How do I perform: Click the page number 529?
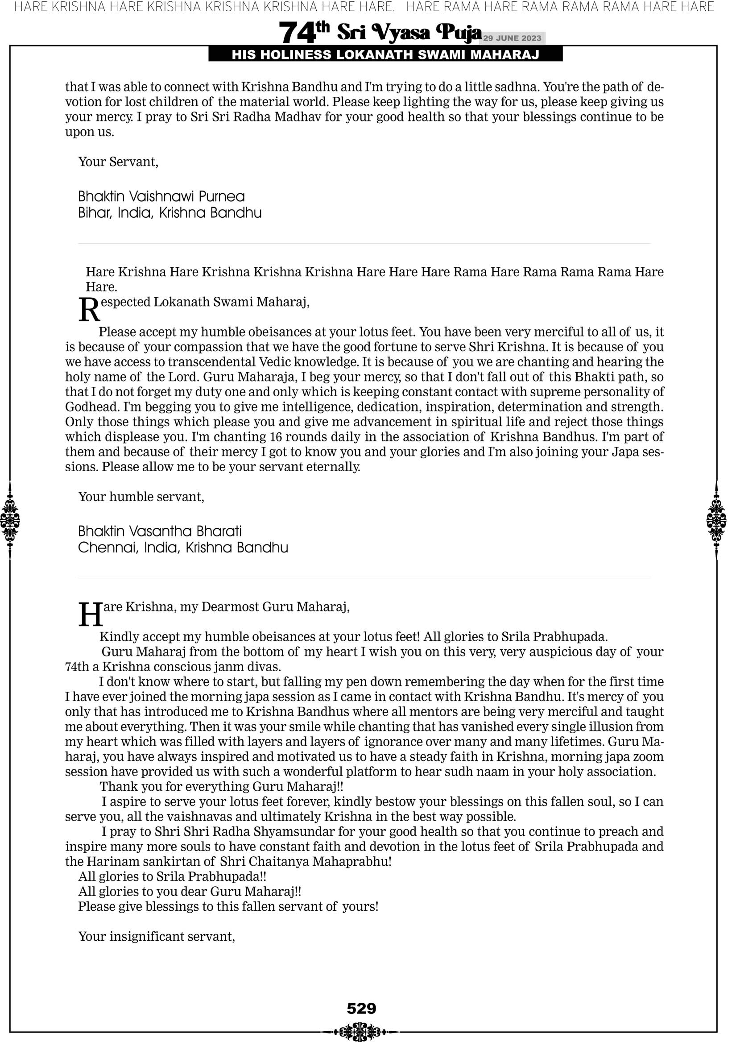point(361,1009)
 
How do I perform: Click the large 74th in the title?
point(303,33)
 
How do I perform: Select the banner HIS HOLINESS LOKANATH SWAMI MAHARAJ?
point(385,55)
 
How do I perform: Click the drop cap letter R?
point(89,311)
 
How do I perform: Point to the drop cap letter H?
point(90,616)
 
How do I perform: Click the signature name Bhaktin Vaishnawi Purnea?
point(161,196)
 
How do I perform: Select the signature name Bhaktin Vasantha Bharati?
point(160,531)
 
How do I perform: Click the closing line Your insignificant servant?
point(157,936)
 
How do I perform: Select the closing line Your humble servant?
point(141,497)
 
